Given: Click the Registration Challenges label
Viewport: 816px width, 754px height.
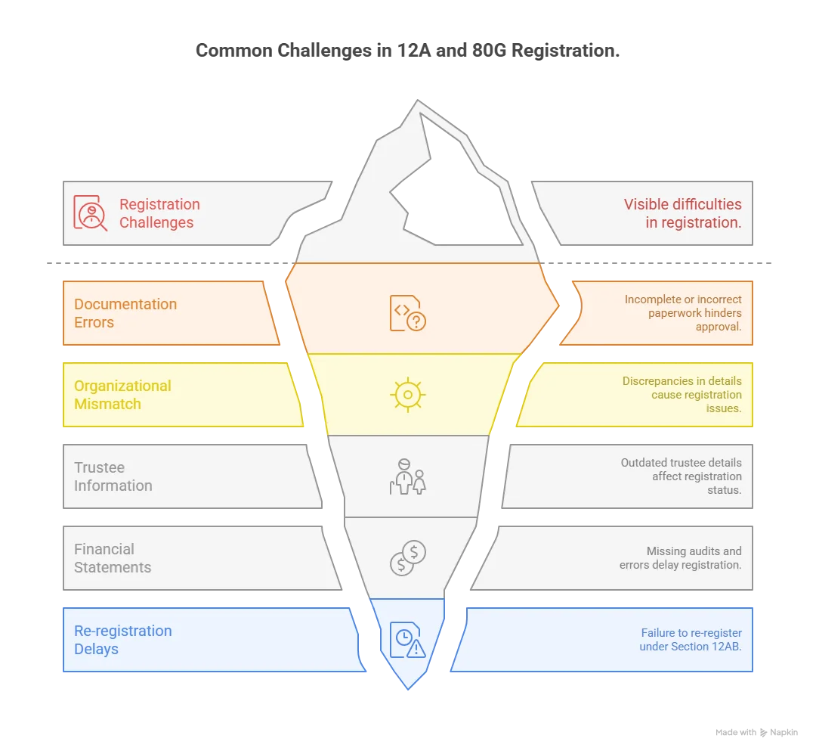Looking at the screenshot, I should coord(159,213).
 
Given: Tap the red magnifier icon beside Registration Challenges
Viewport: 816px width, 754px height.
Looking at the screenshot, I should coord(91,213).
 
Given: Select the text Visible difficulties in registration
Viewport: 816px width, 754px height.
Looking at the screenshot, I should coord(682,213).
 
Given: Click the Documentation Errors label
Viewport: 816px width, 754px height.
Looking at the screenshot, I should coord(125,313).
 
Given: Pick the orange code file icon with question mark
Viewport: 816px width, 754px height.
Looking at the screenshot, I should coord(407,313).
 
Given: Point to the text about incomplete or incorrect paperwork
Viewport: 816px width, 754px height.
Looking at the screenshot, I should coord(683,313).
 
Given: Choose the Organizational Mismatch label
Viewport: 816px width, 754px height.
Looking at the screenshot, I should coord(122,395).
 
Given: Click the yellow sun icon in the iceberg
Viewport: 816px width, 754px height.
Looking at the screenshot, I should coord(407,395).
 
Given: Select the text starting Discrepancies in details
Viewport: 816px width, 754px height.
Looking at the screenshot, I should coord(682,395).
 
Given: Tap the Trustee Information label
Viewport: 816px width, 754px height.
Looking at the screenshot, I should coord(113,476).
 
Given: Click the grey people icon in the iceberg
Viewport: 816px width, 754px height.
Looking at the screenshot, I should coord(407,476).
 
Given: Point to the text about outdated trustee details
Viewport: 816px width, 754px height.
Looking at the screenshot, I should coord(681,476).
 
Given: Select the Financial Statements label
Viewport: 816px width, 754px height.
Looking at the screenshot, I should coord(113,558).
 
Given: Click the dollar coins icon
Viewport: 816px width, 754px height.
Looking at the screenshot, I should coord(407,558).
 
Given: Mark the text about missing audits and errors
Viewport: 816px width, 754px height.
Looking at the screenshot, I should coord(680,558).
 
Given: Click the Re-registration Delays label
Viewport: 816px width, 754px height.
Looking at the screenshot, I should coord(122,640).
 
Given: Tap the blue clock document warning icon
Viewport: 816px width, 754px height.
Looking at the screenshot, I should coord(407,639).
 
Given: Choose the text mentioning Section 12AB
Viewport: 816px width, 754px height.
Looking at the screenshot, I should coord(690,640).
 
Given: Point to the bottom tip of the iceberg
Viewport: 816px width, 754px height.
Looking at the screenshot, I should coord(408,687).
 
